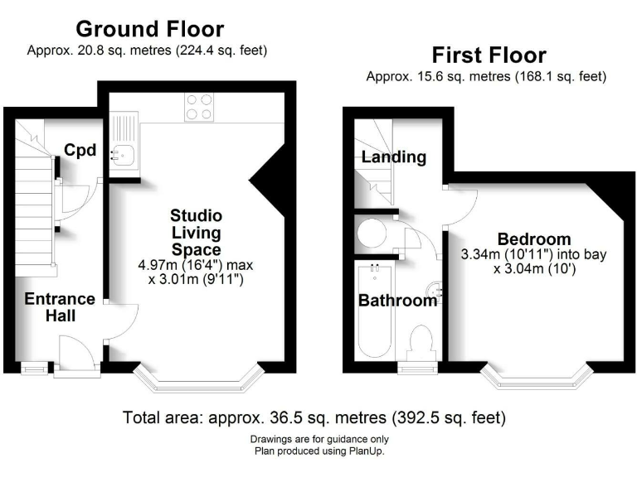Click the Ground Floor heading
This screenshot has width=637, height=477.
(x=149, y=29)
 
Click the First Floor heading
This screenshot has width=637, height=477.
(x=489, y=55)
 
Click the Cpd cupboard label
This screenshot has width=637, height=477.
(x=81, y=151)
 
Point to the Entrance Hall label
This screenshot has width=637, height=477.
(x=59, y=306)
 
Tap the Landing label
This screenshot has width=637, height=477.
(x=393, y=157)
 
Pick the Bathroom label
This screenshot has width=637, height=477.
(x=397, y=301)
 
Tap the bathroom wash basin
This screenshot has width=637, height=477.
(x=435, y=291)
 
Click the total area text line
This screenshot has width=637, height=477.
(x=314, y=416)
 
